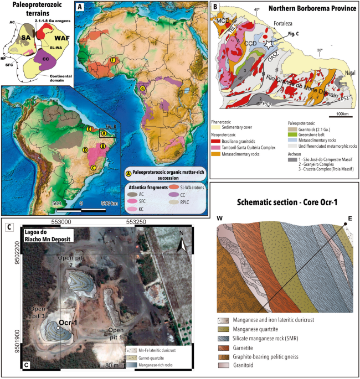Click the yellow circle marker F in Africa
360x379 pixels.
coord(113,59)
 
